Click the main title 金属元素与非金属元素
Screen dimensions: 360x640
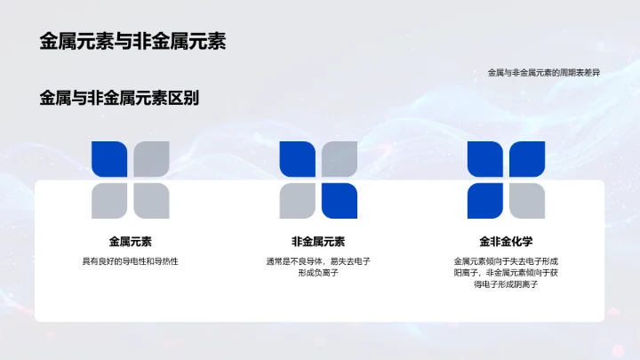coord(132,42)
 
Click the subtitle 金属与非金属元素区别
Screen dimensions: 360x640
coord(119,99)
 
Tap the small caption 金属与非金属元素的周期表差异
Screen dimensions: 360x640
coord(543,73)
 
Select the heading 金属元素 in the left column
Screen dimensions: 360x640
coord(131,241)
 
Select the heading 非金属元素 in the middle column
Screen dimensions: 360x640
coord(318,241)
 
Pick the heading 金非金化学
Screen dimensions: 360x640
coord(506,241)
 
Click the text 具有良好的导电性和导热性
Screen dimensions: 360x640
coord(131,260)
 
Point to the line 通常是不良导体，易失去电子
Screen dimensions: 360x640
coord(318,260)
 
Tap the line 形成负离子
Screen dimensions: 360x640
coord(318,273)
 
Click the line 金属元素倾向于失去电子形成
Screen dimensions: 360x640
coord(506,260)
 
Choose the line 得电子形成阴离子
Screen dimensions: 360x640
coord(506,284)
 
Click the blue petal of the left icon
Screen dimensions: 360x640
coord(110,160)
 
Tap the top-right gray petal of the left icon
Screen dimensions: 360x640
coord(152,160)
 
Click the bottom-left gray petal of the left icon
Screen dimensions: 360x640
coord(110,201)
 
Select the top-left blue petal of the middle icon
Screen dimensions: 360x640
coord(298,160)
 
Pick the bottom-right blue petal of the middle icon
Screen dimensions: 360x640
coord(340,201)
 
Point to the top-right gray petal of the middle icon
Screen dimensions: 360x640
coord(340,160)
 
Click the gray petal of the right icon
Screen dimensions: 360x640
coord(527,201)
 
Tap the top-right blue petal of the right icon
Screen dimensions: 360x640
coord(527,160)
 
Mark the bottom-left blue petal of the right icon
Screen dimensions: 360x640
coord(485,201)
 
